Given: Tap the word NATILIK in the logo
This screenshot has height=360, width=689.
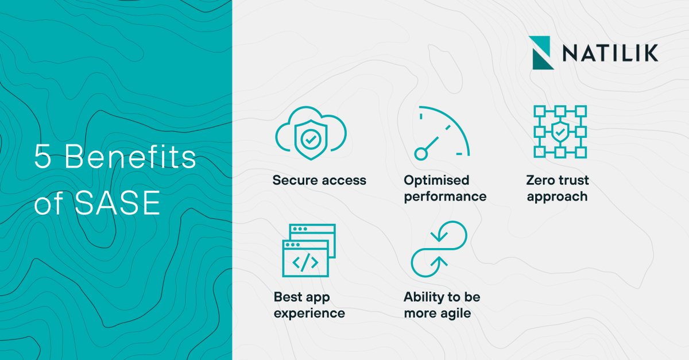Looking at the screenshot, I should pyautogui.click(x=610, y=53).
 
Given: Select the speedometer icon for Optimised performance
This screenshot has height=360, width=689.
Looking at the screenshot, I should pyautogui.click(x=442, y=133).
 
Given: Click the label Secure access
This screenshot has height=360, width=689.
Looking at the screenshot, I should pyautogui.click(x=319, y=180).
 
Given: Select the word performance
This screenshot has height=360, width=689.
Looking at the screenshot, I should pyautogui.click(x=445, y=196).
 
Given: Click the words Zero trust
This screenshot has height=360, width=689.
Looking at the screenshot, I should pyautogui.click(x=558, y=180).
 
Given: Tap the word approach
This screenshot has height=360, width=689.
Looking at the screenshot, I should pyautogui.click(x=557, y=196).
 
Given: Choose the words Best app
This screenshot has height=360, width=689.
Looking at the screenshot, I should pyautogui.click(x=302, y=297).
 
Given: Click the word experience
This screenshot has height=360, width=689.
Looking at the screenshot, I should pyautogui.click(x=309, y=313).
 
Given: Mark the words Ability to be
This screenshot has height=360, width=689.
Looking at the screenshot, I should pyautogui.click(x=442, y=297).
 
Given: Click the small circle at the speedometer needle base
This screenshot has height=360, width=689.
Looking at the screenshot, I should pyautogui.click(x=421, y=153).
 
